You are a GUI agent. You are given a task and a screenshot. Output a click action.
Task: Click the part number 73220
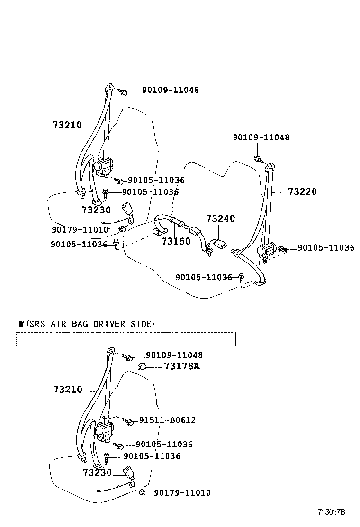coord(302,192)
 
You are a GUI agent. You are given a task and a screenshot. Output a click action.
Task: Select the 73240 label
coord(220,218)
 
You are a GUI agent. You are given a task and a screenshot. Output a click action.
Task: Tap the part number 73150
coord(176,241)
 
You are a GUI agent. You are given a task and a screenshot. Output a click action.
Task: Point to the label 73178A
coord(182,366)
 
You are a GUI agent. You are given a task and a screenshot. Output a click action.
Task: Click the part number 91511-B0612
coord(167,420)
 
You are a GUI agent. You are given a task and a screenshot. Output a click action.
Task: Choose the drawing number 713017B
coord(331,512)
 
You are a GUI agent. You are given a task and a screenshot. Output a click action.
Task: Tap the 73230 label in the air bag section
coord(97,472)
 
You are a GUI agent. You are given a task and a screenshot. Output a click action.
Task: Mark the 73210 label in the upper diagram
coord(67,126)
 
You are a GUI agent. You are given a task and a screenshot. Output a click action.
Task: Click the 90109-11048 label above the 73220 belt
coord(261,137)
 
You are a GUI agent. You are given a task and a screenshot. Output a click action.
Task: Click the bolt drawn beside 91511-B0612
coord(127,421)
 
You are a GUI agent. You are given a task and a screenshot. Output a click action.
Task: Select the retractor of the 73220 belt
coord(266,251)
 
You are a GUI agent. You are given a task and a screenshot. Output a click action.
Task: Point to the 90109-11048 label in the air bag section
coord(174,355)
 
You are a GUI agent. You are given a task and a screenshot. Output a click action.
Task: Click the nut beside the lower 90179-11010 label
coord(142,493)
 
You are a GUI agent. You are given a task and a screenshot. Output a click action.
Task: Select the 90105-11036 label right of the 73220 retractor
coord(326,248)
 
